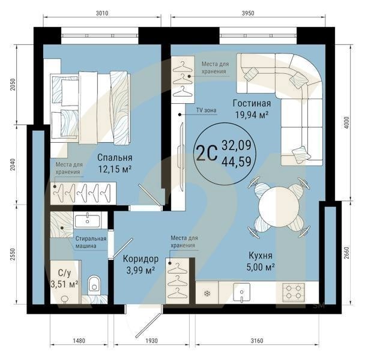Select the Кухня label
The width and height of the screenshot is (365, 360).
(261, 254)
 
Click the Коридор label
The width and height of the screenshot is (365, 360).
(140, 259)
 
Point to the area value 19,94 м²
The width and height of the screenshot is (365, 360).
(250, 115)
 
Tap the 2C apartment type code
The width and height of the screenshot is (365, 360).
(206, 152)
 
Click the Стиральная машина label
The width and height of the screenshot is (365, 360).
(91, 242)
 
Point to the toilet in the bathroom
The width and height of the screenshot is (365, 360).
(95, 284)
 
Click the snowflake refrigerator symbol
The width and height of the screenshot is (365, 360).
(207, 293)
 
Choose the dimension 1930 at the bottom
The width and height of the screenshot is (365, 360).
(151, 341)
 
